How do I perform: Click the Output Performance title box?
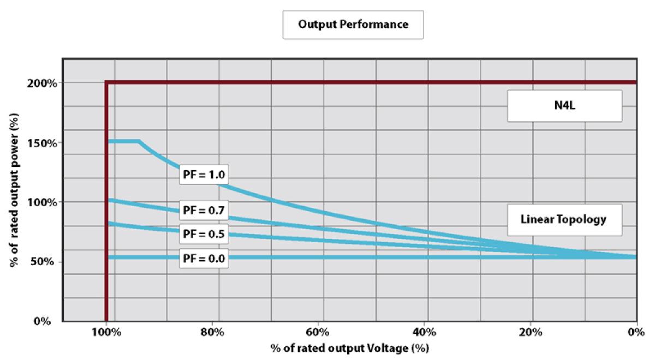tap(353, 25)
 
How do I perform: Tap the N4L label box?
tap(564, 106)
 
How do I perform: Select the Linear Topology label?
tap(564, 220)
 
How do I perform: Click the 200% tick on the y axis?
tap(40, 83)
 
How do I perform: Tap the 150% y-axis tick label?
tap(40, 143)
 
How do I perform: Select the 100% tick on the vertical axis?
tap(40, 202)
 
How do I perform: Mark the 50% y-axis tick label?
tap(43, 262)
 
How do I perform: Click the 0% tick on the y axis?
tap(44, 321)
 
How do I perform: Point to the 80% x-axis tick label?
tap(212, 332)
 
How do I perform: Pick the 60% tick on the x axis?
tap(318, 332)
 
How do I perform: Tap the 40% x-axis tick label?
tap(424, 332)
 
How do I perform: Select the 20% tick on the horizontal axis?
tap(530, 332)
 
